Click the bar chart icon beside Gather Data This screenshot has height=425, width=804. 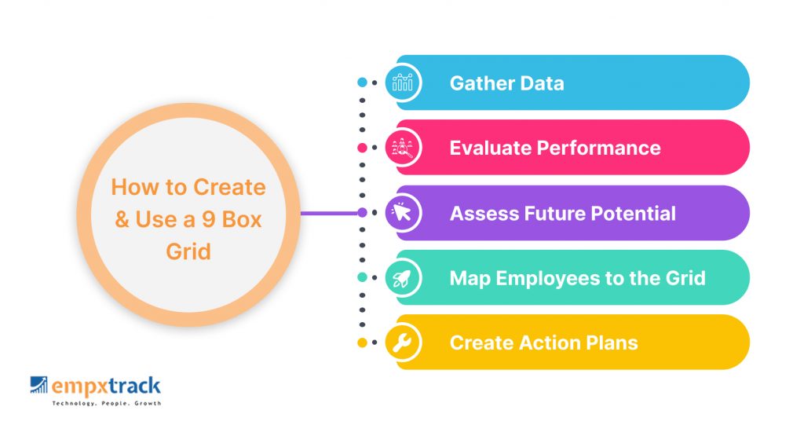[403, 82]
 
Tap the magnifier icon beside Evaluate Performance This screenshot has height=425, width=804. [403, 148]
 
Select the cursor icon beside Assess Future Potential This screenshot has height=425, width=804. [401, 212]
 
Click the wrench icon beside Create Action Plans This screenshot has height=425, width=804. [402, 343]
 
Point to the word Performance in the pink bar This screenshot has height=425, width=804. [598, 148]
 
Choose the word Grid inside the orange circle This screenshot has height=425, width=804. [188, 251]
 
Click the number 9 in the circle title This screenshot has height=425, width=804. [209, 220]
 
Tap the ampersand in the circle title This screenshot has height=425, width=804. [122, 220]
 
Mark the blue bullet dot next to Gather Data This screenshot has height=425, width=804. [362, 82]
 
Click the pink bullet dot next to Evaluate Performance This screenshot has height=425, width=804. [362, 148]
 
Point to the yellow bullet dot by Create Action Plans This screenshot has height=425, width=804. [362, 343]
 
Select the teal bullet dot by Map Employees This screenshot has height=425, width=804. [362, 277]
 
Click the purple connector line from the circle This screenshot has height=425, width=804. [329, 212]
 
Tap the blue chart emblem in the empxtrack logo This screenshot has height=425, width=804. [38, 385]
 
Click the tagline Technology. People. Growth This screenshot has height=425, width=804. [107, 404]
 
